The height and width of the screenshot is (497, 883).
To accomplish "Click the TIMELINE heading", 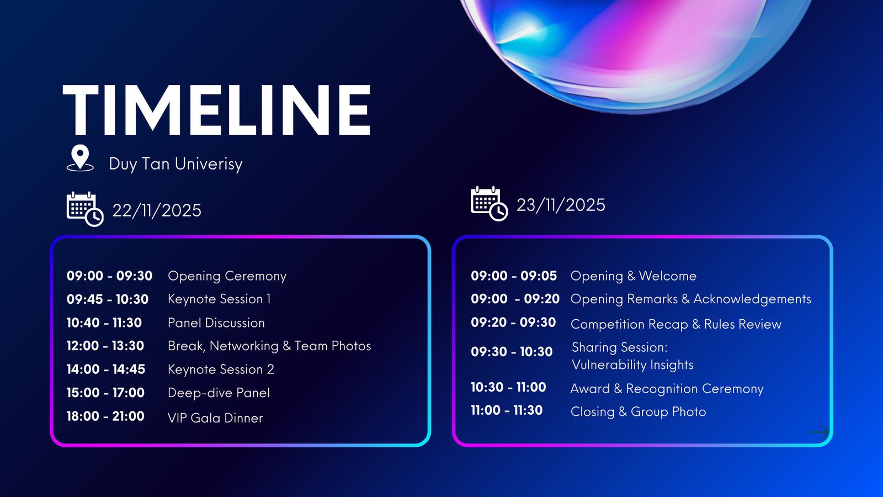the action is tap(216, 110).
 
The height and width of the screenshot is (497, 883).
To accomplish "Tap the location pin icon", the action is tap(81, 158).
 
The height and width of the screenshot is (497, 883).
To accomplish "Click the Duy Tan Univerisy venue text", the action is tap(175, 164).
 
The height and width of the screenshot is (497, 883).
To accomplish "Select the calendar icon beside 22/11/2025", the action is tap(85, 209).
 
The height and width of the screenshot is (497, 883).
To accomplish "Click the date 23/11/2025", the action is tap(561, 205).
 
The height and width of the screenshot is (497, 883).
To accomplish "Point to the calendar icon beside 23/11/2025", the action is tap(489, 204).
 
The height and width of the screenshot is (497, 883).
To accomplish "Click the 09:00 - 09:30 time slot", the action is tap(109, 276).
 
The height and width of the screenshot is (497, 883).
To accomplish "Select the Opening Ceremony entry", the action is tap(227, 276).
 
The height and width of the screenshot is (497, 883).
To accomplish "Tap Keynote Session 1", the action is tap(219, 299).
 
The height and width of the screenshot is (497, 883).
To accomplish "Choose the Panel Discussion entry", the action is tap(216, 322).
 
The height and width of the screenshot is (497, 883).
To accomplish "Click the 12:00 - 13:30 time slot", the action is tap(105, 346).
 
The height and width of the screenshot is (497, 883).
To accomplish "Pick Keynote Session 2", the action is tap(221, 369).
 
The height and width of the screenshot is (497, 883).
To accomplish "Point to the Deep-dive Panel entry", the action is tap(219, 393).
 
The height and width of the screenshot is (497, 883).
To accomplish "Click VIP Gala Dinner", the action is tap(215, 418).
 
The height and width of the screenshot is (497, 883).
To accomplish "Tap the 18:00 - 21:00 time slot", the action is tap(105, 416).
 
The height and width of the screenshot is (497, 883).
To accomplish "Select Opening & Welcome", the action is tap(634, 276).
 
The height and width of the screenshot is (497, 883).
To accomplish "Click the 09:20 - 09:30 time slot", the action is tap(513, 322).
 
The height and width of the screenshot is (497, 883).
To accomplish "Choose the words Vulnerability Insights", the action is tap(632, 365).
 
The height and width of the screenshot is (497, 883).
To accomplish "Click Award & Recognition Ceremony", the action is tap(667, 389).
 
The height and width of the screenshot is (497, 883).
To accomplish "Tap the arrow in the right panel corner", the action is tap(818, 432).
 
